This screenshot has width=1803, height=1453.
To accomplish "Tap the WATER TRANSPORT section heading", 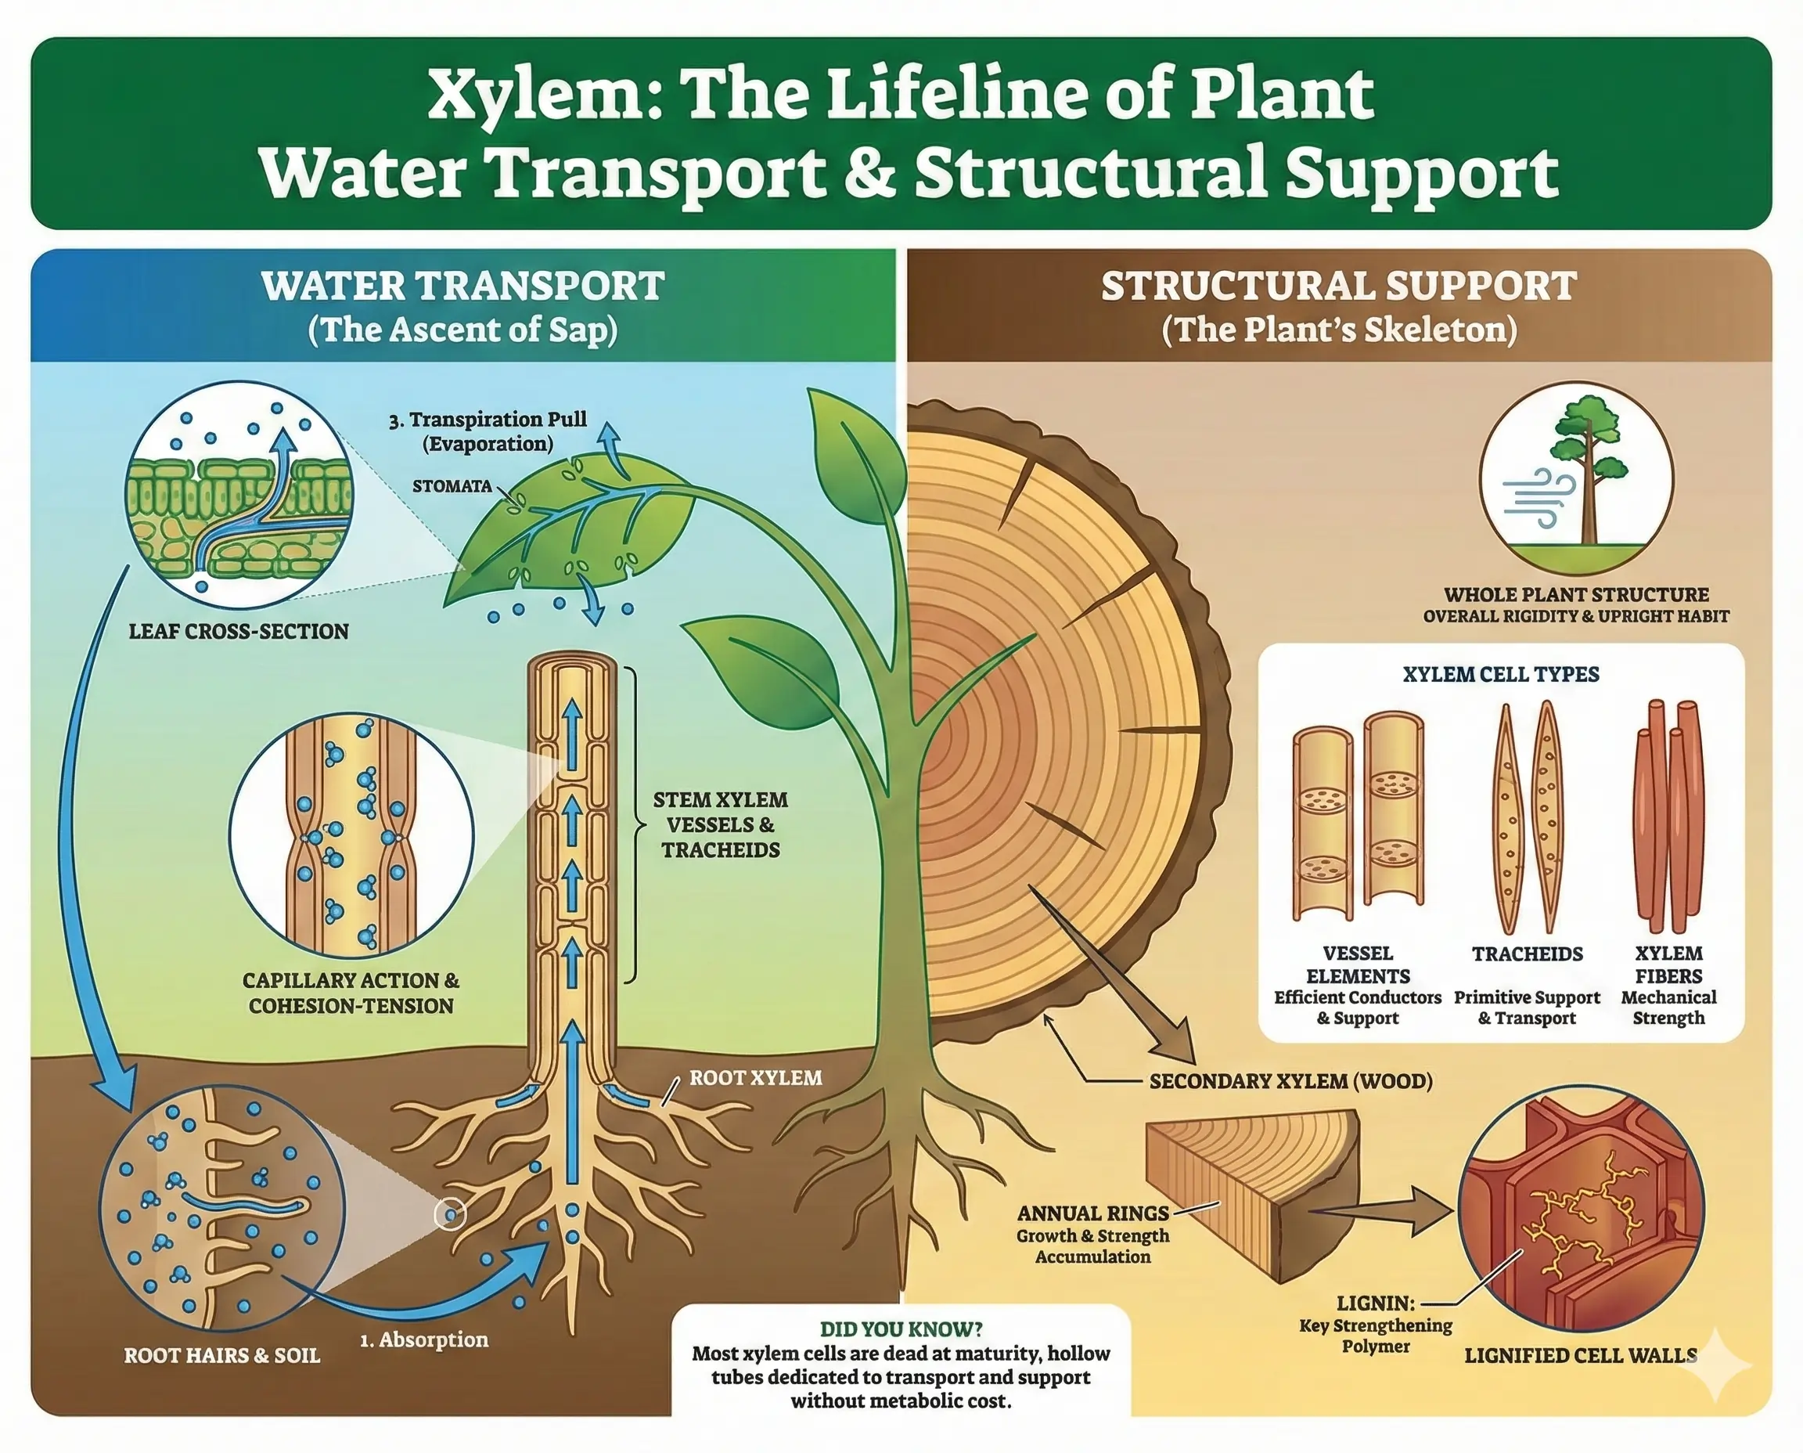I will tap(462, 287).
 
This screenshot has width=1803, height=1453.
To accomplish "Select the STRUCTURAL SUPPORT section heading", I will tap(1339, 287).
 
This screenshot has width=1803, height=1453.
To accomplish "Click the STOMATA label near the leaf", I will tap(452, 486).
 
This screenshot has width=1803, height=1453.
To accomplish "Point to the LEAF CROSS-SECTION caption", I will tap(239, 632).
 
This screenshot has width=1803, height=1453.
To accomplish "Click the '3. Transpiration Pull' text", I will tap(488, 420).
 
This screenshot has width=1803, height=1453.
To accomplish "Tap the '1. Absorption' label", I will tap(424, 1340).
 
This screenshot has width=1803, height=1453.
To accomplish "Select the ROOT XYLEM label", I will tap(754, 1078).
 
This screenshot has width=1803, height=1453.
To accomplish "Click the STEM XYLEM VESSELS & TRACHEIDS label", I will tap(721, 825).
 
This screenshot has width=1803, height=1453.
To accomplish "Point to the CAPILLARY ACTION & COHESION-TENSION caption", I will tap(351, 993).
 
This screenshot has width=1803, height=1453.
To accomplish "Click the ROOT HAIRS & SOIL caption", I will tap(221, 1356).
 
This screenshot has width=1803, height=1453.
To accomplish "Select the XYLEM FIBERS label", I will tap(1668, 964).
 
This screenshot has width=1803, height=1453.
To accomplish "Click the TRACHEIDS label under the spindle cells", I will tap(1527, 954).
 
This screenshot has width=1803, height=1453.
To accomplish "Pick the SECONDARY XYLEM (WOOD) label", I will tap(1291, 1081).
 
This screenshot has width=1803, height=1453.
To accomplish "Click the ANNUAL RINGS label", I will tap(1092, 1213).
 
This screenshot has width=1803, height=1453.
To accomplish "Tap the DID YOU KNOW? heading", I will tap(901, 1329).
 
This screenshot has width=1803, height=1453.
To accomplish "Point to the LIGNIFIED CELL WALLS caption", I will tap(1581, 1356).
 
